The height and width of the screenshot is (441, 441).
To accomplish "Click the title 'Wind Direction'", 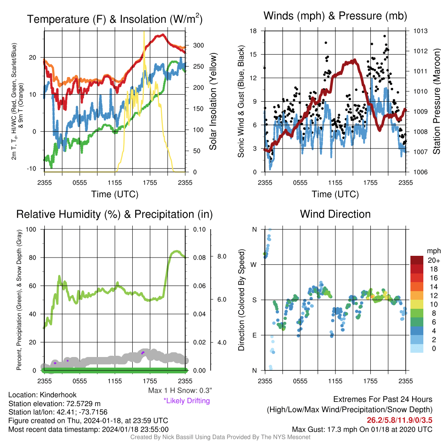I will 335,214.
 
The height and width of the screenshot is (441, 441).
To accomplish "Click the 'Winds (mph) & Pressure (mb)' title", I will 335,16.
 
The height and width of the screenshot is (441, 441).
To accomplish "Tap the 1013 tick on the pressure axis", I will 420,31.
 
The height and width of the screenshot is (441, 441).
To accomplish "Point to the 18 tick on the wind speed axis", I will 254,31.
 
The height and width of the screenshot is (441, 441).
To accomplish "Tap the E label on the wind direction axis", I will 254,335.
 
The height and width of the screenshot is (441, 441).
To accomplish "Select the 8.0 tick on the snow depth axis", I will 220,256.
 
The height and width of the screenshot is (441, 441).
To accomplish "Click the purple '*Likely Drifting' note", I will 186,401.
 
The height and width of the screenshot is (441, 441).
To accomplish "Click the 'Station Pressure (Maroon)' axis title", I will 436,101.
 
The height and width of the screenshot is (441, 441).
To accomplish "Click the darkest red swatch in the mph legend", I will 416,260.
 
